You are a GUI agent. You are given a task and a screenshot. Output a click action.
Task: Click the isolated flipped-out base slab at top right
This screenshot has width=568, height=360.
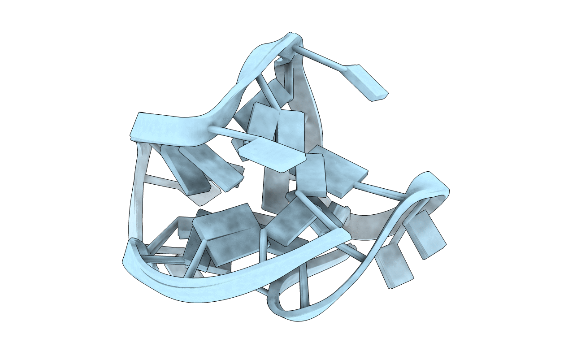tap(368, 83)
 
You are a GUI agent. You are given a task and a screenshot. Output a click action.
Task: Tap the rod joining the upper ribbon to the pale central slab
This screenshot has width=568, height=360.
tap(229, 134)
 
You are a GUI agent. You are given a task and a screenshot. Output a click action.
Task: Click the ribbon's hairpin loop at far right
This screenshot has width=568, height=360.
tap(430, 184)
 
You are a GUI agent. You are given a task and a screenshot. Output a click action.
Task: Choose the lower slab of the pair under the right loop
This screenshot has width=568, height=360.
tap(395, 267)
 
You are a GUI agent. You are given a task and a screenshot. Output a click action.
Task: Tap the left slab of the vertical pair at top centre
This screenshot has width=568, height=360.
tap(264, 123)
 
